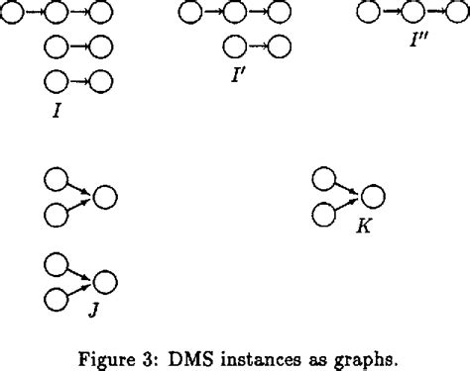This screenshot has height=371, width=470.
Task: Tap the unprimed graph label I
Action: coord(59,109)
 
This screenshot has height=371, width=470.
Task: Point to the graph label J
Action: coord(90,309)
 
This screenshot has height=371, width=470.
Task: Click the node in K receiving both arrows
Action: coord(372,196)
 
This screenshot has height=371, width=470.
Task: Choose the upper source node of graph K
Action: coord(323,178)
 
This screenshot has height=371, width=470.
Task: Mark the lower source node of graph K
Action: coord(323,213)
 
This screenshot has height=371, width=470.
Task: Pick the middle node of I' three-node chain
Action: coord(236,14)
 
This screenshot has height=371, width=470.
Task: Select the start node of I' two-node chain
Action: coord(235,46)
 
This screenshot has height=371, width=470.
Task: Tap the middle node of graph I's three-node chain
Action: coord(58,14)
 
